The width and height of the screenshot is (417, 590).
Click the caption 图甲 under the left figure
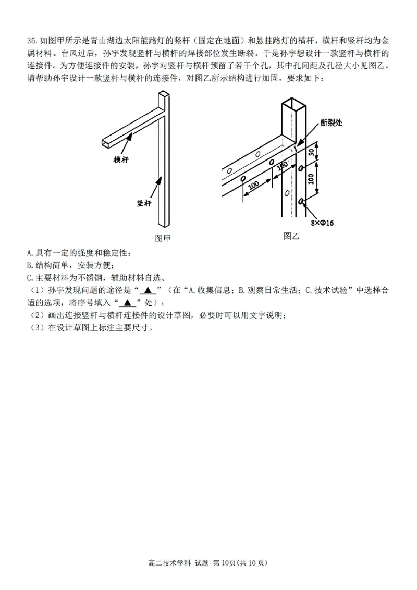pos(163,238)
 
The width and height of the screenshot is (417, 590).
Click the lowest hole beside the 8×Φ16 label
pos(301,201)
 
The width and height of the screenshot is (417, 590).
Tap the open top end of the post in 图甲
pos(164,94)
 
